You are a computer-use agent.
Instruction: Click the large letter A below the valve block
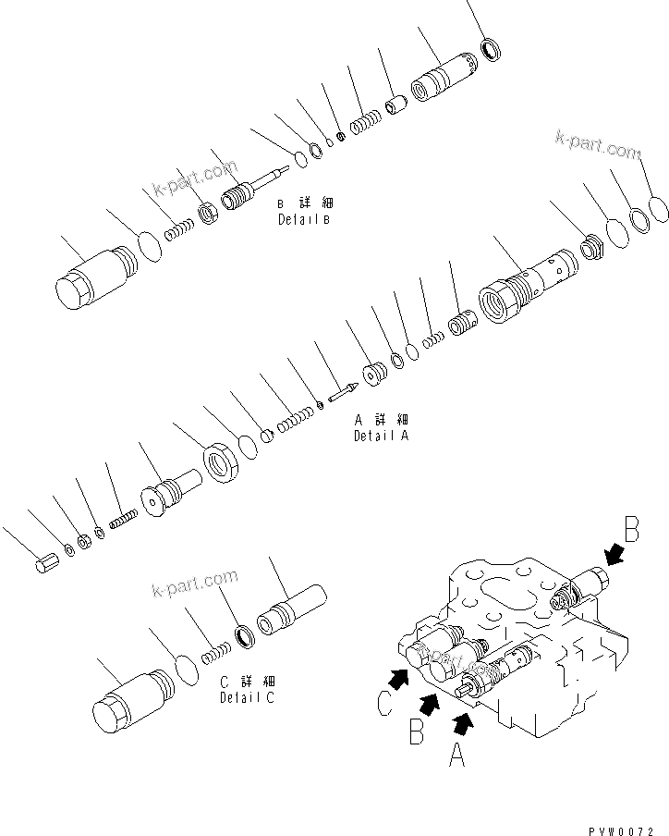[456, 758]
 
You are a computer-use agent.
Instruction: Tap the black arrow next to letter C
[398, 681]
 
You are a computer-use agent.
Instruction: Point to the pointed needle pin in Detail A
[339, 390]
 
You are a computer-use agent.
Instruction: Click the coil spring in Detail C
[215, 653]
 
